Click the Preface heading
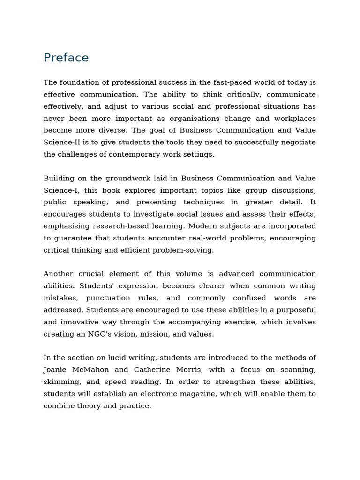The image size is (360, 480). (66, 58)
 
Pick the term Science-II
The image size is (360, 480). (63, 142)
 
